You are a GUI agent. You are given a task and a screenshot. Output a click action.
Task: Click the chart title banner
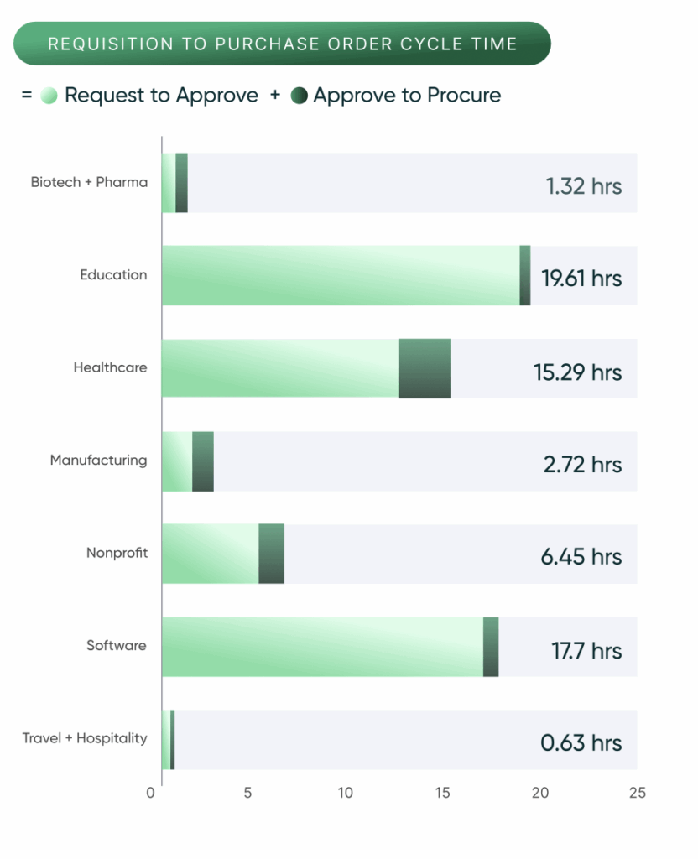pyautogui.click(x=282, y=44)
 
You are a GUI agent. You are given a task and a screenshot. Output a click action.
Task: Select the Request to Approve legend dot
pyautogui.click(x=49, y=96)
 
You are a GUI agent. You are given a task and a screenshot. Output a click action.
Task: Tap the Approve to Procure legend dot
pyautogui.click(x=299, y=96)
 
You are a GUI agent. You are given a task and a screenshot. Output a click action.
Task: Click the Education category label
pyautogui.click(x=113, y=275)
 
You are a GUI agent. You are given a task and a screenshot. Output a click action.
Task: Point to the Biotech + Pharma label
pyautogui.click(x=89, y=182)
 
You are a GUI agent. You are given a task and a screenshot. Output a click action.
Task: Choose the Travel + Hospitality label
pyautogui.click(x=85, y=738)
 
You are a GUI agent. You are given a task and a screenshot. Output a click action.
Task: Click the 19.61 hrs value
pyautogui.click(x=581, y=279)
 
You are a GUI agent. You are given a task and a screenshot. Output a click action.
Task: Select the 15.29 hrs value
pyautogui.click(x=578, y=372)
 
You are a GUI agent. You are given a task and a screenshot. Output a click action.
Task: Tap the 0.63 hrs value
pyautogui.click(x=581, y=742)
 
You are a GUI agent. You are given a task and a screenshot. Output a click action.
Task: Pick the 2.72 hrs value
pyautogui.click(x=582, y=464)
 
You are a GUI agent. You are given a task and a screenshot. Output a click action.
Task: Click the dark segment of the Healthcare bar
pyautogui.click(x=425, y=367)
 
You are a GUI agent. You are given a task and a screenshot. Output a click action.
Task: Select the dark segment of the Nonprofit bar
pyautogui.click(x=271, y=554)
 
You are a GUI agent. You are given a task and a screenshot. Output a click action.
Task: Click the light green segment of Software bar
pyautogui.click(x=322, y=646)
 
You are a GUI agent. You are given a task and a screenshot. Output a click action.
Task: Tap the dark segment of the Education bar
pyautogui.click(x=525, y=275)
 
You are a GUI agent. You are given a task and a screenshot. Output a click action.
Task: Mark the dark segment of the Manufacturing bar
pyautogui.click(x=203, y=461)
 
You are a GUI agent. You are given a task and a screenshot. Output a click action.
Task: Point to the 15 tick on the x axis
pyautogui.click(x=442, y=793)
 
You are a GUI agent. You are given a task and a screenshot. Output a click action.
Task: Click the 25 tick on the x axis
pyautogui.click(x=637, y=793)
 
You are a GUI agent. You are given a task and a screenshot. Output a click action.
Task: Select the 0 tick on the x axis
pyautogui.click(x=151, y=793)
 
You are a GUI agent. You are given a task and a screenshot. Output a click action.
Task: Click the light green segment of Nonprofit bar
pyautogui.click(x=210, y=554)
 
